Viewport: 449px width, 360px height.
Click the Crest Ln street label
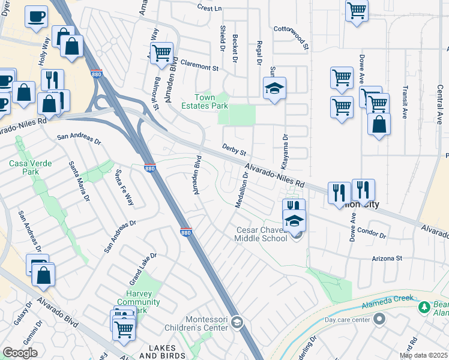coord(209,8)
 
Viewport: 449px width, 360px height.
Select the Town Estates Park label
coord(211,101)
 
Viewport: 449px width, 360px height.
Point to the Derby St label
coord(235,147)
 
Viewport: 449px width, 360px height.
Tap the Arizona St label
coord(386,258)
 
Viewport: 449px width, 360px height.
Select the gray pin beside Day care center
coord(379,320)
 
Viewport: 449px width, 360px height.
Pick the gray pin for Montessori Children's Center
coord(237,323)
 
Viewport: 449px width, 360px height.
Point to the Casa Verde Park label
coord(29,167)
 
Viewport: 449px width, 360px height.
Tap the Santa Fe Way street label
coord(124,187)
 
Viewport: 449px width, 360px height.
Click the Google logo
coord(20,353)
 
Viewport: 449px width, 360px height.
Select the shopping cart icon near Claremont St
coord(161,53)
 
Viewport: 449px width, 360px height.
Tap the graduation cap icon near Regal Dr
coord(275,88)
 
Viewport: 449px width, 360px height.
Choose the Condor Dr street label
coord(370,231)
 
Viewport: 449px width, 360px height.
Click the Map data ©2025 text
coord(423,355)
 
